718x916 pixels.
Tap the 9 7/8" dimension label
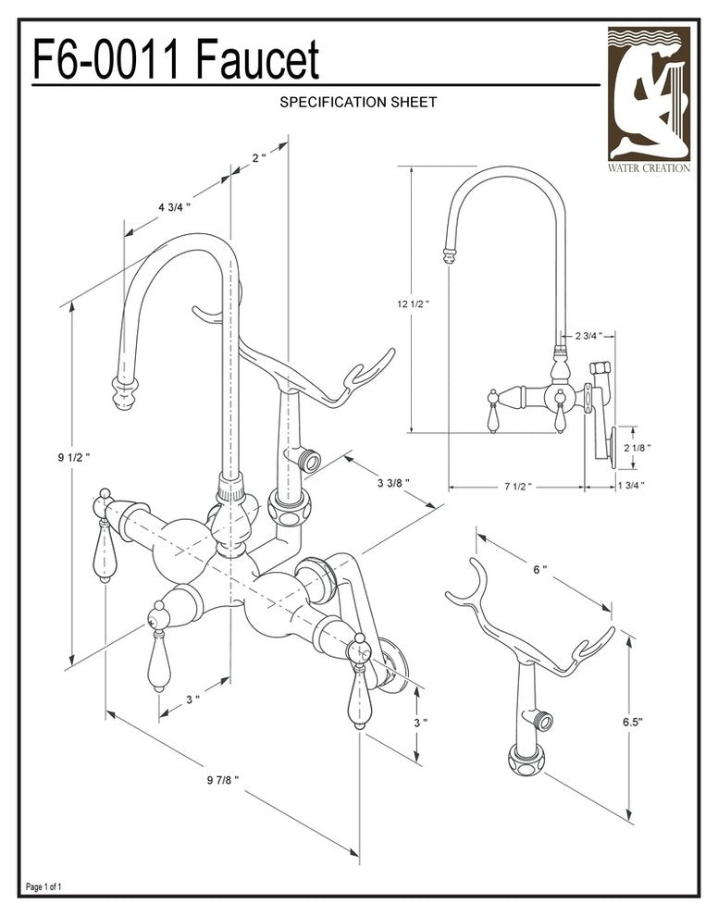point(223,780)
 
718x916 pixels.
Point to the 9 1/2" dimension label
point(74,457)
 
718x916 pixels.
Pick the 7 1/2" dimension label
point(516,485)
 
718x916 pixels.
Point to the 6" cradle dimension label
point(540,570)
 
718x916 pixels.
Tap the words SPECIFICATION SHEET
point(357,103)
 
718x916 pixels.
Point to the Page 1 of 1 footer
point(44,887)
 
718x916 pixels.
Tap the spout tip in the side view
point(448,255)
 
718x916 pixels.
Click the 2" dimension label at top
point(258,157)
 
